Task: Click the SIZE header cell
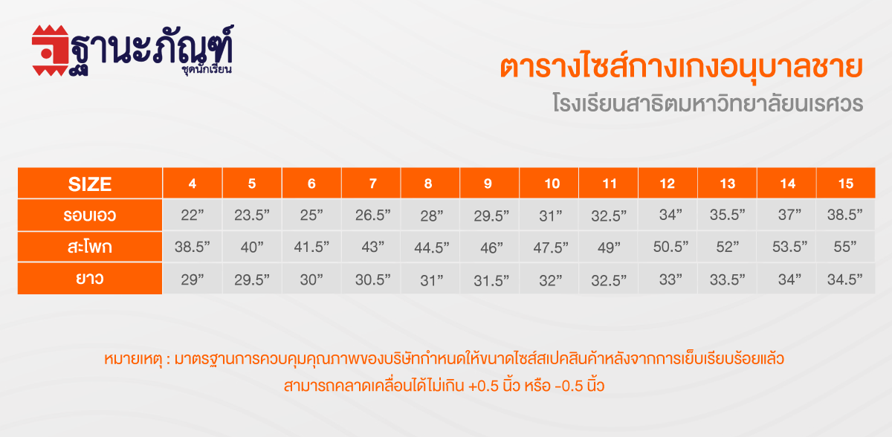pyautogui.click(x=90, y=184)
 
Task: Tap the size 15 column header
pyautogui.click(x=846, y=184)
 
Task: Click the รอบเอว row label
pyautogui.click(x=90, y=216)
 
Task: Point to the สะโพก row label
pyautogui.click(x=90, y=247)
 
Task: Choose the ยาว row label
pyautogui.click(x=90, y=279)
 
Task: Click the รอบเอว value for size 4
pyautogui.click(x=193, y=216)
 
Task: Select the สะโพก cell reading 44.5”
pyautogui.click(x=430, y=247)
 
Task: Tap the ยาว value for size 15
pyautogui.click(x=846, y=279)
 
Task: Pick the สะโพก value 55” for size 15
pyautogui.click(x=846, y=247)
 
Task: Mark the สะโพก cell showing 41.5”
pyautogui.click(x=311, y=247)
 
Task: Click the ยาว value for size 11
pyautogui.click(x=609, y=279)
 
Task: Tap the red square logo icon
pyautogui.click(x=51, y=51)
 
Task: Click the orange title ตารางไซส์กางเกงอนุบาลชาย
pyautogui.click(x=682, y=68)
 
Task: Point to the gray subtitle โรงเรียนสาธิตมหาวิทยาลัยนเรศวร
pyautogui.click(x=708, y=103)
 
